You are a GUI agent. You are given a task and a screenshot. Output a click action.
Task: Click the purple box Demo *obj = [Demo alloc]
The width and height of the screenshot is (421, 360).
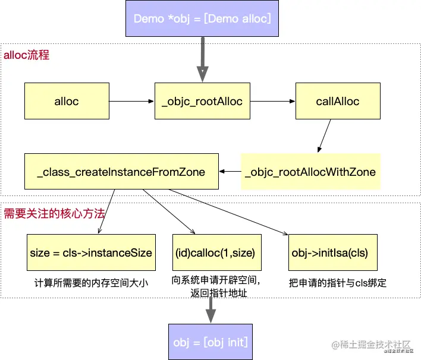pos(202,18)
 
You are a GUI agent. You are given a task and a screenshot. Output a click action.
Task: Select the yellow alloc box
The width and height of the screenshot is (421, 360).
pos(66,101)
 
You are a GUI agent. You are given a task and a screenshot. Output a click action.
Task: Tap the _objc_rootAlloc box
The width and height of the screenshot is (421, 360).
pos(202,101)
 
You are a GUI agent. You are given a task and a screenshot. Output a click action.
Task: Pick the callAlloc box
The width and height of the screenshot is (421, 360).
pos(337,101)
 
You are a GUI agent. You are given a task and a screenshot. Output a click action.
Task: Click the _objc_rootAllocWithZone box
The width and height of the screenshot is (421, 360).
pos(310,172)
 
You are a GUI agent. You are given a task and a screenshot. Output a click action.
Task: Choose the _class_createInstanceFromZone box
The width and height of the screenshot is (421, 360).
pos(121,172)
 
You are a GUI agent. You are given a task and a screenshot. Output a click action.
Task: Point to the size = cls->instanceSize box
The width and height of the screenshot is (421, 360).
pos(91,252)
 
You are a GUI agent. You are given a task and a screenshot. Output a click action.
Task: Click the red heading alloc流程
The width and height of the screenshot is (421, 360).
pos(27,55)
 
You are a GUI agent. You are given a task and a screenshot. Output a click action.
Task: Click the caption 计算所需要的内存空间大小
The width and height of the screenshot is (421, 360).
pos(91,283)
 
